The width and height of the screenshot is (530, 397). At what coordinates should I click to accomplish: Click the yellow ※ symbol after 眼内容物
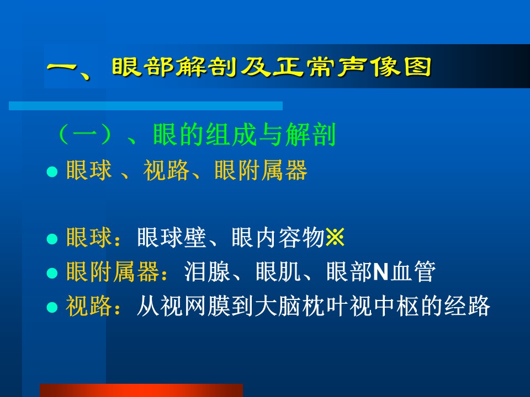coord(335,237)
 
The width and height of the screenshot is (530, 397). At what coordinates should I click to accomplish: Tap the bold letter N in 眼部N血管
coord(380,272)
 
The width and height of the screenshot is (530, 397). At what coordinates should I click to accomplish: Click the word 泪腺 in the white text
coord(207,271)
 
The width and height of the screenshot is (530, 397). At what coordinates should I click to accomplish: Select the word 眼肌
coord(278,271)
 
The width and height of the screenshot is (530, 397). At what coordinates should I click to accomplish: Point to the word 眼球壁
coord(172,237)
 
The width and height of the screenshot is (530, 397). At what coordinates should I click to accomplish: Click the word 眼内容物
coord(278,237)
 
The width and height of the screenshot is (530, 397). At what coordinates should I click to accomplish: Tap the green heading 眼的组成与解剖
coord(244,135)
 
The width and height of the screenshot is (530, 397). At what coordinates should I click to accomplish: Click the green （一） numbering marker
coord(84,135)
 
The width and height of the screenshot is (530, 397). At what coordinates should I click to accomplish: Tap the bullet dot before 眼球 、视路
coord(52,172)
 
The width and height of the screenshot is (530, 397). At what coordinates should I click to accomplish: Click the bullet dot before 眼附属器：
coord(52,273)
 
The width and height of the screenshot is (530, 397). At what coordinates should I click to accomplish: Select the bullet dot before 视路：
coord(52,307)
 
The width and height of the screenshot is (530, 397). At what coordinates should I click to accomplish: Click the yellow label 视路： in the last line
coord(93,306)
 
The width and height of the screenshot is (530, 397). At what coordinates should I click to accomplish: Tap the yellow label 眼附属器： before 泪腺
coord(117,271)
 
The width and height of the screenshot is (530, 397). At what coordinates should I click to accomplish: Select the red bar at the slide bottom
coord(141,390)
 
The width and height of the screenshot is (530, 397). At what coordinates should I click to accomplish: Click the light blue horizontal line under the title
coord(146,106)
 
